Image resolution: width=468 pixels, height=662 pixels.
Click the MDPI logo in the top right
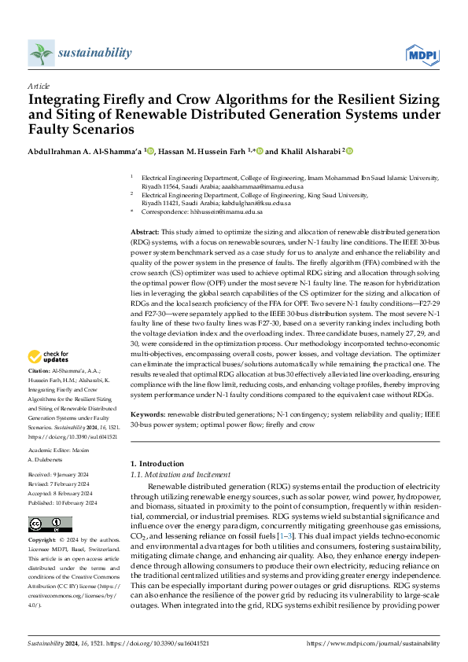point(422,53)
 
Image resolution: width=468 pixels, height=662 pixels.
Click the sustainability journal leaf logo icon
point(41,53)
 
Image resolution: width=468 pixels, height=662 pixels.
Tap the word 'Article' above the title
point(39,86)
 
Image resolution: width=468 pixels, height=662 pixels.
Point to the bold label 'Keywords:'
point(148,413)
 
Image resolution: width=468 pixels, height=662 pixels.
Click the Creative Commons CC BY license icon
point(45,524)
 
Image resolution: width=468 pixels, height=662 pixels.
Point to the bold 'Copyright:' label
point(42,542)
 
